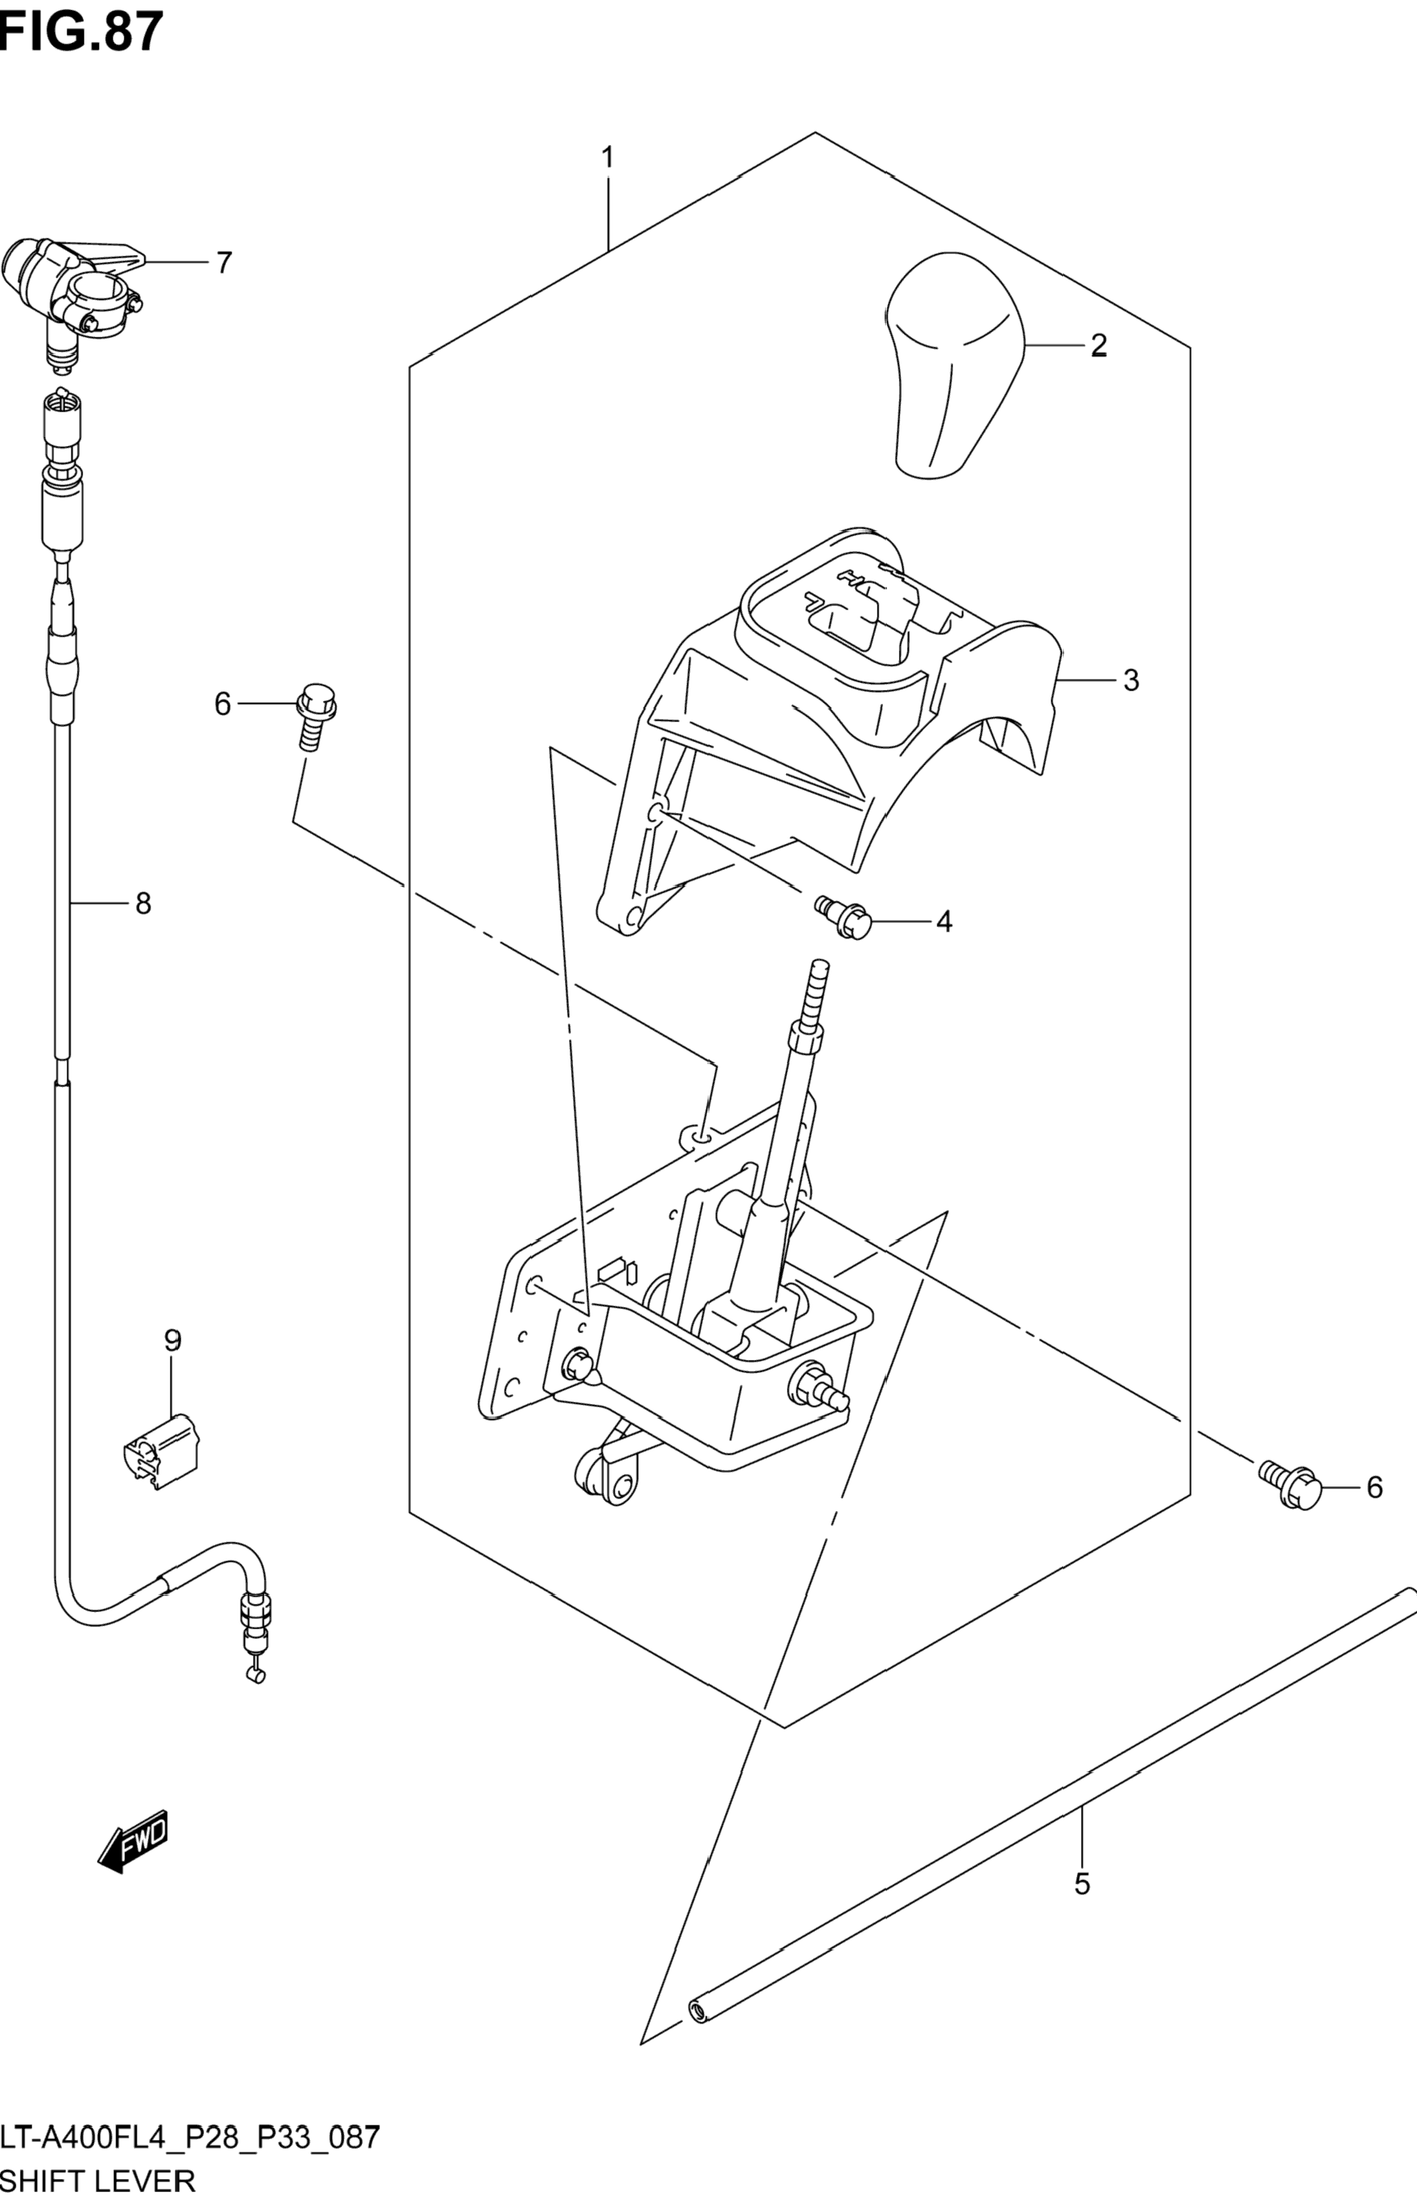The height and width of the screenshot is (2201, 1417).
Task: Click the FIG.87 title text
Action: coord(81,32)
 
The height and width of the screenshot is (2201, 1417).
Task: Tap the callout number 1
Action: coord(607,158)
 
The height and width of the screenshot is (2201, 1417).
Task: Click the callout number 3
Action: coord(1131,681)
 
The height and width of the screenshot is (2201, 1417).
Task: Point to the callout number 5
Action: coord(1082,1884)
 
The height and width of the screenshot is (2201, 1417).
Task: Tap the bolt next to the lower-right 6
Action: coord(1293,1485)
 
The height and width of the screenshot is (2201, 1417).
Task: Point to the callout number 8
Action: coord(143,904)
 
